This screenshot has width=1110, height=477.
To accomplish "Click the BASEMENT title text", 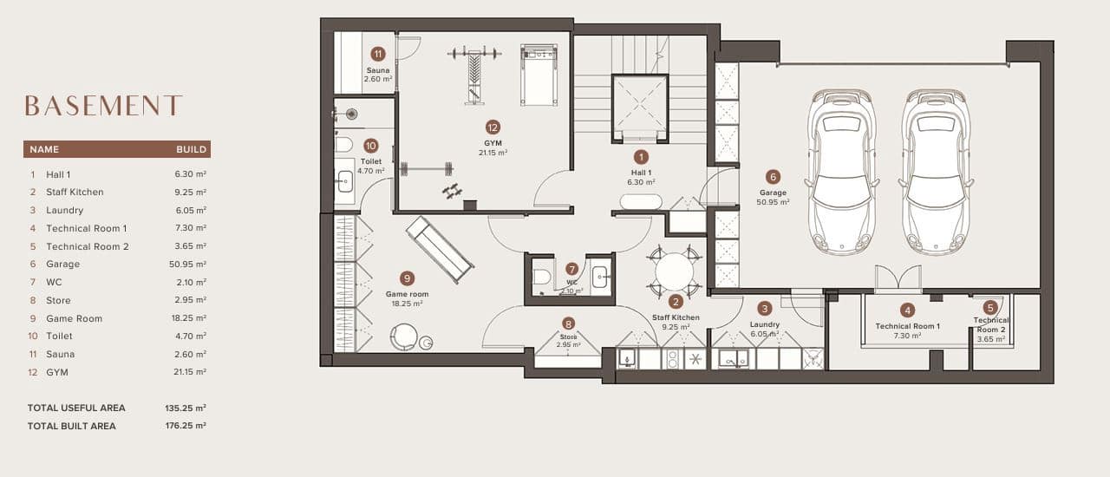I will tap(103, 106).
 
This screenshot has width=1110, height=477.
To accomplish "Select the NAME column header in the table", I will tap(44, 149).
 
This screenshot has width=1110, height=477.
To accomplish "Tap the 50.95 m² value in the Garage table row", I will tap(187, 265).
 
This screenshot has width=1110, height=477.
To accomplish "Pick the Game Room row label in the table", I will tap(74, 318).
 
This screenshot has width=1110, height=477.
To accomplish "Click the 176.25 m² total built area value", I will tap(186, 426).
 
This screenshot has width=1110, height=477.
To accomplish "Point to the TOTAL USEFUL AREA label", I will tap(76, 408).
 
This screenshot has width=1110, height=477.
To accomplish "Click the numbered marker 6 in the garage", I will tap(773, 176).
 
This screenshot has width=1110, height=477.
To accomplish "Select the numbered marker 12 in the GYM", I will tap(493, 127).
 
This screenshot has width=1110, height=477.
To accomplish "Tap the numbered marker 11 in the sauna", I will tap(377, 53).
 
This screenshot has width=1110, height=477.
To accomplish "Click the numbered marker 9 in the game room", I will tap(407, 278).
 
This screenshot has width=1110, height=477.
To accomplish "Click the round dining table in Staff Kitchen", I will tap(674, 271).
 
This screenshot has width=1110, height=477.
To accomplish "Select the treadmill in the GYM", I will tap(539, 75).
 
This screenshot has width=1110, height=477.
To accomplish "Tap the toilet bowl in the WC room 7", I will tap(542, 278).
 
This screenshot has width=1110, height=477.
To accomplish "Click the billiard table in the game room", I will tap(440, 249).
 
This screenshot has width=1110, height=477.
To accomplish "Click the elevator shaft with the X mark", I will tap(639, 108).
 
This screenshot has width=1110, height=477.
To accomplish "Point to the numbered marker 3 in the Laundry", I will tap(764, 308).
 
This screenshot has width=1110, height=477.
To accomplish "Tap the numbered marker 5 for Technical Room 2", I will tap(990, 307).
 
